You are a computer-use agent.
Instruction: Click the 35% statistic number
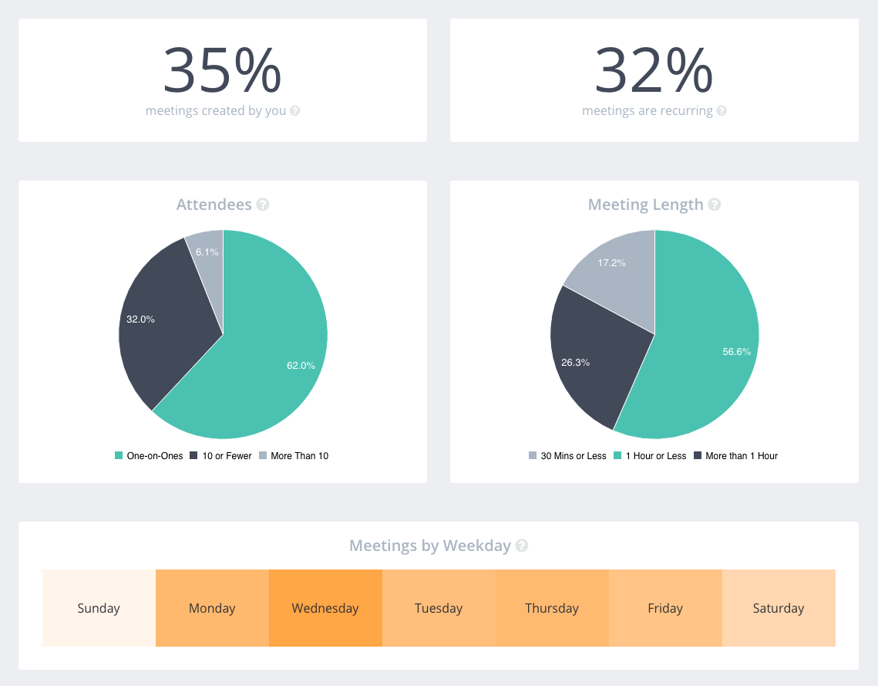click(x=222, y=70)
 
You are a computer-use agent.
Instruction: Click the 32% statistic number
click(x=654, y=70)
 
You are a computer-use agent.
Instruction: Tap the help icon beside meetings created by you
click(x=294, y=111)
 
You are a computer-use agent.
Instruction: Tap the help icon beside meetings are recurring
click(x=722, y=111)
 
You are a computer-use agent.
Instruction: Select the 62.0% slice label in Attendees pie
click(x=301, y=366)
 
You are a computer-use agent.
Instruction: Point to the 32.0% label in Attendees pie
click(x=140, y=319)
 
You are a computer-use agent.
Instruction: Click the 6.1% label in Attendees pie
click(x=207, y=252)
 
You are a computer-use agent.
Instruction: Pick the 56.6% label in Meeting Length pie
click(x=736, y=351)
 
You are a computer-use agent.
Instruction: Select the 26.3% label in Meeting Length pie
click(x=575, y=362)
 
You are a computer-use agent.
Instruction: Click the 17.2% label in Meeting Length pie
click(x=611, y=263)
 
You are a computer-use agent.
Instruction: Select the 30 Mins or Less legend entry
click(x=567, y=456)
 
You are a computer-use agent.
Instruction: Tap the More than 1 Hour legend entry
click(x=736, y=456)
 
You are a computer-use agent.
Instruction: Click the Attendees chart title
click(x=214, y=204)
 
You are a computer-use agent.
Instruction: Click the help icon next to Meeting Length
click(x=715, y=204)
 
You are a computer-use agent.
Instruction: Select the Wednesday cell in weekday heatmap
click(x=325, y=608)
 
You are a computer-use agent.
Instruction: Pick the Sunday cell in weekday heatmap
click(x=99, y=608)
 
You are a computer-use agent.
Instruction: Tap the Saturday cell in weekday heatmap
click(x=779, y=608)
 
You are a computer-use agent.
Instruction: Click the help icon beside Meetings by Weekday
click(x=522, y=546)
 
